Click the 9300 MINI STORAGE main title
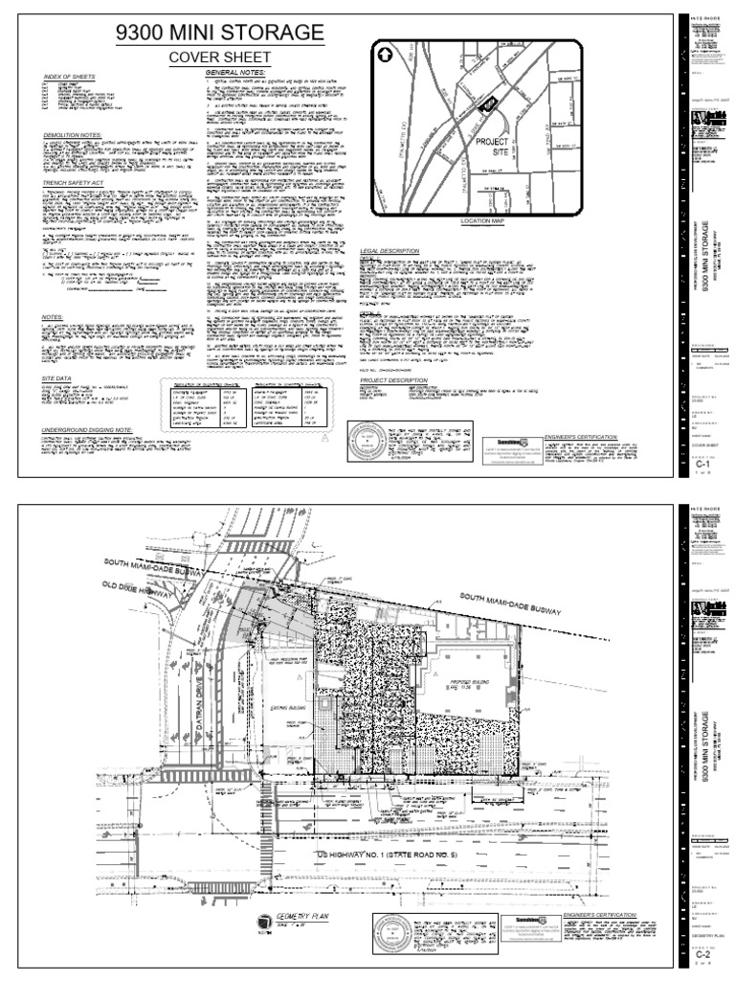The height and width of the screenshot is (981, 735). (219, 34)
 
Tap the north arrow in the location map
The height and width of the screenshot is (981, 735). (383, 56)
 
